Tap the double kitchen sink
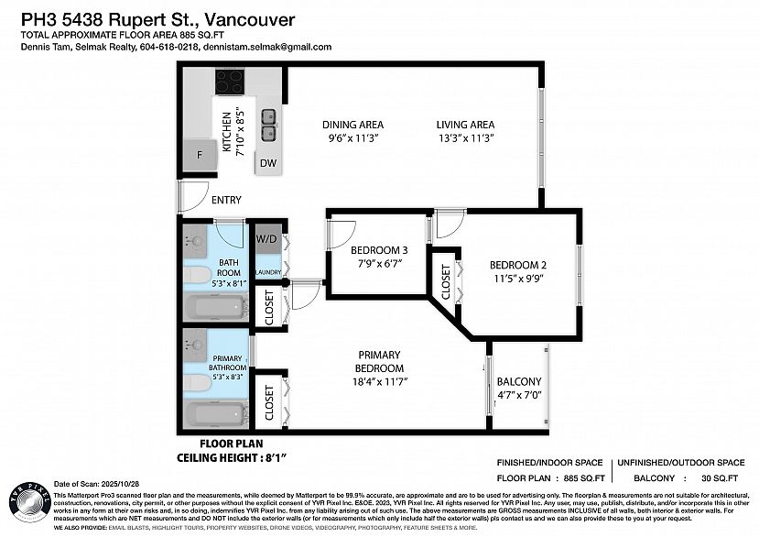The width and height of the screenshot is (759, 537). click(x=269, y=125)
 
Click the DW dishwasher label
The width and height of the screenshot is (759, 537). click(x=267, y=163)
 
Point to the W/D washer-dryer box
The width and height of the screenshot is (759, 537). click(x=266, y=239)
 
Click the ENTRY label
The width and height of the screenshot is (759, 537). click(x=226, y=200)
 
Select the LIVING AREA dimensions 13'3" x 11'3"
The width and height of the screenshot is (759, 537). click(x=465, y=138)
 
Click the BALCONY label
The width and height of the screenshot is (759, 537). click(x=518, y=382)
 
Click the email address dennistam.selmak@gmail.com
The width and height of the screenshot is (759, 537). click(x=274, y=47)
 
